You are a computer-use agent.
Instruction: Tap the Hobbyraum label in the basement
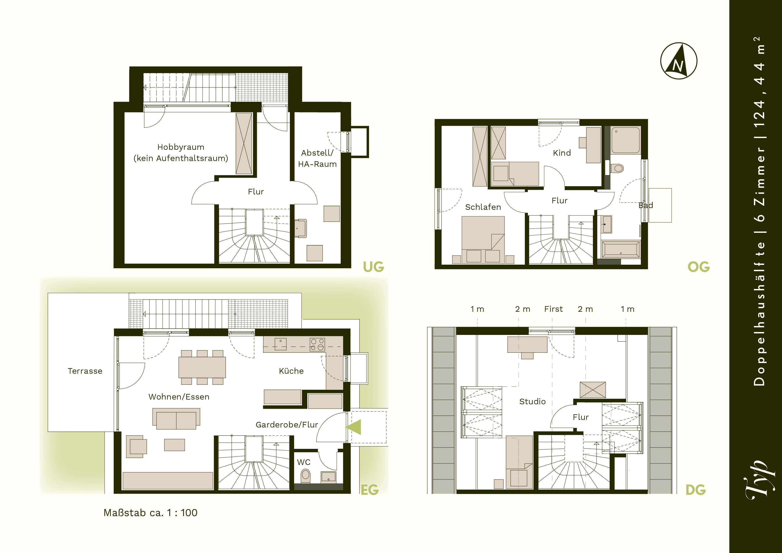click(181, 147)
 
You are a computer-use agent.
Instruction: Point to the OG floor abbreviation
click(699, 267)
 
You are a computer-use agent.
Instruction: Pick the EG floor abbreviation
click(369, 490)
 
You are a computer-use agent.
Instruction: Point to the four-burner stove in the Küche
click(317, 345)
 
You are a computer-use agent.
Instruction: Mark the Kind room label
click(562, 153)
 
